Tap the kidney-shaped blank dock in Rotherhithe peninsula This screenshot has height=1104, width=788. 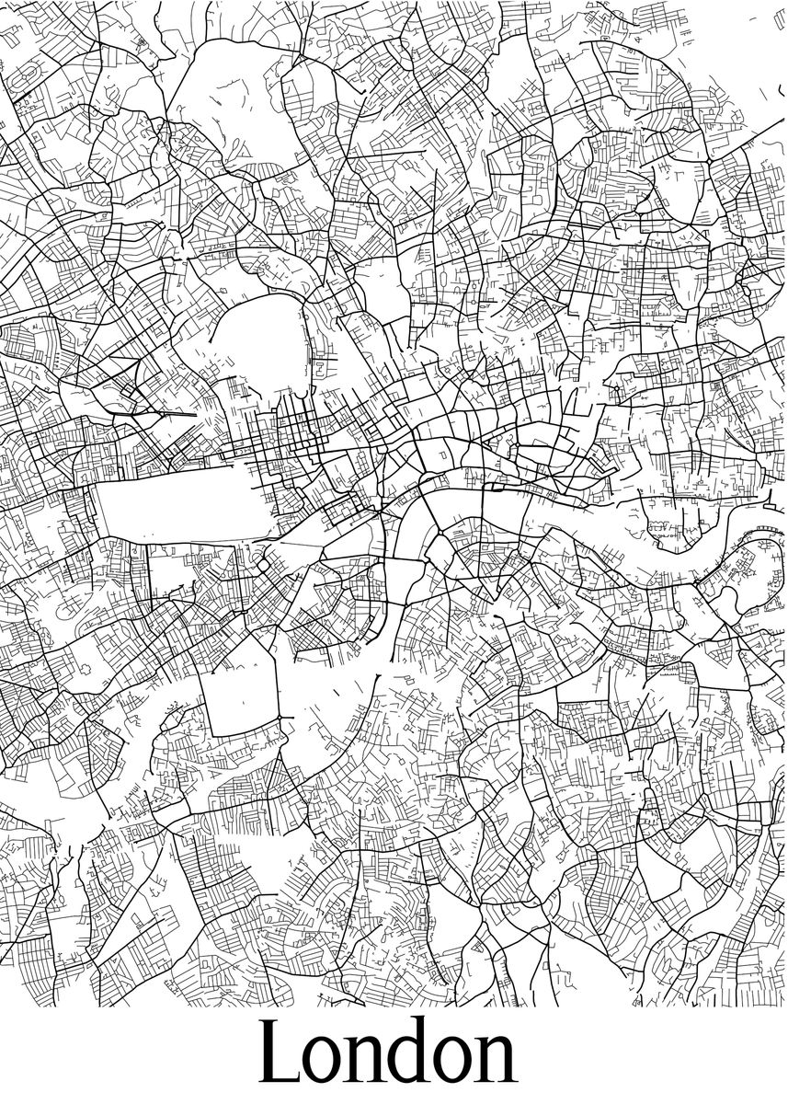coord(726,603)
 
